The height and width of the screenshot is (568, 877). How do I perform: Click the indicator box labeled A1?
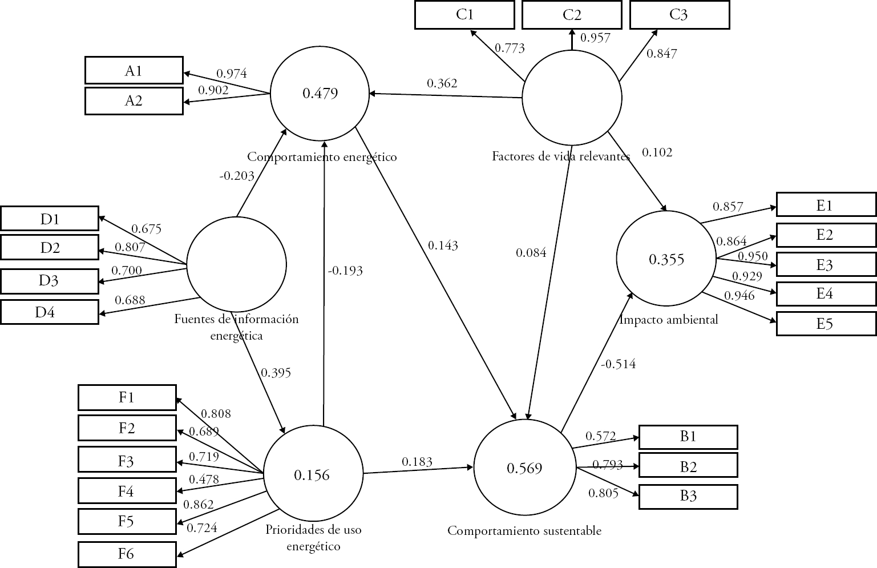click(x=134, y=71)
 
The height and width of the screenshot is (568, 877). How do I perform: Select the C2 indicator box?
click(x=572, y=15)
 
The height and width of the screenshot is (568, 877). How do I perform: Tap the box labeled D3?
click(x=49, y=280)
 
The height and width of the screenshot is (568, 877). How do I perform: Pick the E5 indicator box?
click(x=825, y=324)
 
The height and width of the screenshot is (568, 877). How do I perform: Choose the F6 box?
click(x=127, y=554)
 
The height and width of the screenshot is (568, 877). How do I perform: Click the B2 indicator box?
click(x=688, y=467)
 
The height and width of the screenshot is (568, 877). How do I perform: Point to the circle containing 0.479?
click(x=320, y=93)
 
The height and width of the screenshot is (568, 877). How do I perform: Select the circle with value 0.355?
click(x=666, y=260)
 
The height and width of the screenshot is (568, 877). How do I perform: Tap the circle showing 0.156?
click(x=312, y=474)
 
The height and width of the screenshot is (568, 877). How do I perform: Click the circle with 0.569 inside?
click(x=524, y=468)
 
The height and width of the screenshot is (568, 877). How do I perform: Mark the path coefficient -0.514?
click(x=618, y=364)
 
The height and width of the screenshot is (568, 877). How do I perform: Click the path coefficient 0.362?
click(x=442, y=83)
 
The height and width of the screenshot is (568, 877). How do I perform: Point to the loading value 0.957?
click(x=595, y=38)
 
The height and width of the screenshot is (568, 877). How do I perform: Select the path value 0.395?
click(x=276, y=373)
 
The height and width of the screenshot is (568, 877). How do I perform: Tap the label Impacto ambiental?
click(x=669, y=320)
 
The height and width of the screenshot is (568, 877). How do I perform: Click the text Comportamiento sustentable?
click(x=524, y=531)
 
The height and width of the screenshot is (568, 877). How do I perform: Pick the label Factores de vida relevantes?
click(x=561, y=156)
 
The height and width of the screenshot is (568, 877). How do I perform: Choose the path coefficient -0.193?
click(x=345, y=271)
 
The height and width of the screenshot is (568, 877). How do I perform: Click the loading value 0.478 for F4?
click(x=204, y=480)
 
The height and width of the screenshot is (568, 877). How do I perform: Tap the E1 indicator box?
click(x=825, y=206)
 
